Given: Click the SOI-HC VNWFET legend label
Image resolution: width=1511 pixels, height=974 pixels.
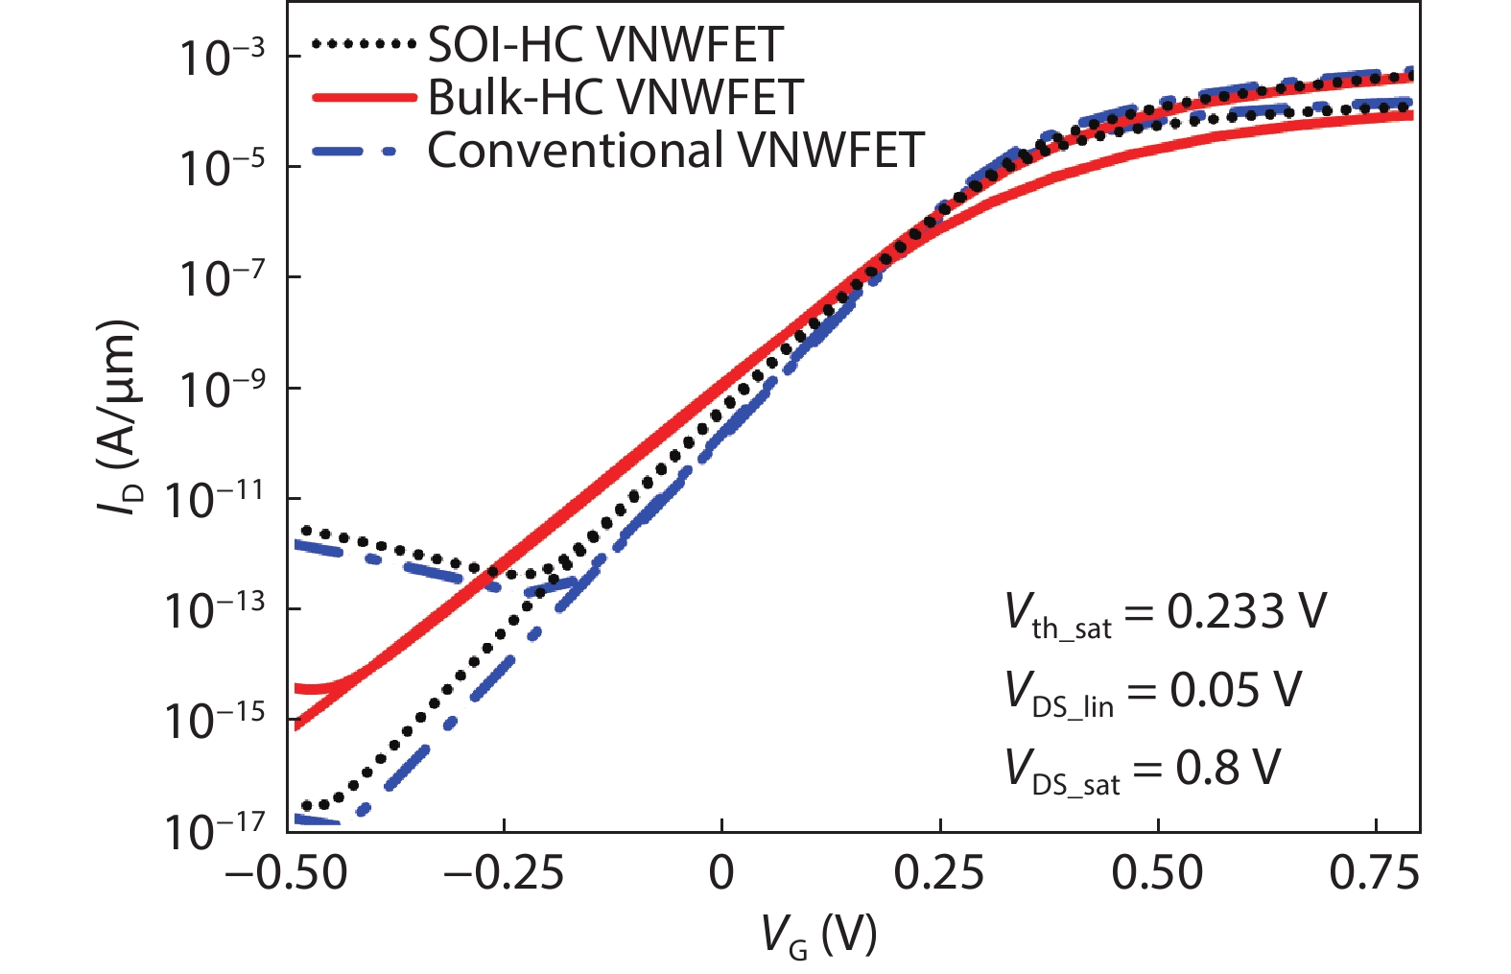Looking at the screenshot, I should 605,44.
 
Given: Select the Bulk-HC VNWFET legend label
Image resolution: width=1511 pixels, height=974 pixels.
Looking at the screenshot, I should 615,97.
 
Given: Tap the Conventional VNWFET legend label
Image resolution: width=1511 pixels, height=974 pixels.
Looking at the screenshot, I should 675,151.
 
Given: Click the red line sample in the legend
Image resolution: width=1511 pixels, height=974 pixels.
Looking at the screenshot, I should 364,97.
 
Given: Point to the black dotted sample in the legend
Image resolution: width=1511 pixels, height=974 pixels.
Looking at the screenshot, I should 364,44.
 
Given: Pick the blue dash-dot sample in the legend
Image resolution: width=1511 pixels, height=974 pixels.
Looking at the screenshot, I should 364,151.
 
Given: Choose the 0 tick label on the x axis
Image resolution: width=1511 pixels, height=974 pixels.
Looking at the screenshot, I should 721,873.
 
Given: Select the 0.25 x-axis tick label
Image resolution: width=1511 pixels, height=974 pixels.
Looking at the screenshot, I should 939,873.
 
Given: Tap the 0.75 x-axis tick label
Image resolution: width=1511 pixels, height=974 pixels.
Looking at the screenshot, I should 1375,873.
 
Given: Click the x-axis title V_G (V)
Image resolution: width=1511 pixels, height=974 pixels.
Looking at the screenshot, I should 818,935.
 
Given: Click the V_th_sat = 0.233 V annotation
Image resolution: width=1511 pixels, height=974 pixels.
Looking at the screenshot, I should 1165,614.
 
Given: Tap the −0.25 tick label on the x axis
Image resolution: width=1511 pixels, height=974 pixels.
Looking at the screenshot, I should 504,873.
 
